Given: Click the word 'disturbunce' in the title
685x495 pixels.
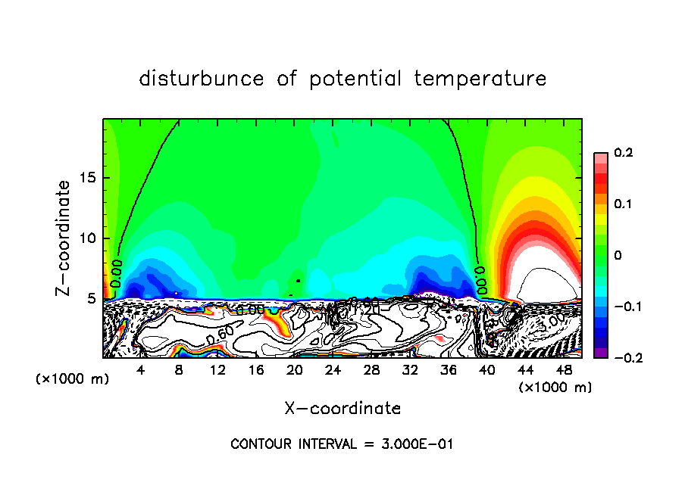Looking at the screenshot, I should coord(202,78).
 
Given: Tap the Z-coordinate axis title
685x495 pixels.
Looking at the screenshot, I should coord(66,238).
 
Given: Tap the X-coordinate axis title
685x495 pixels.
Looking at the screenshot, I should coord(342,408).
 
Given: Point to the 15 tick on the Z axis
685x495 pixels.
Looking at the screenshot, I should coord(89,179).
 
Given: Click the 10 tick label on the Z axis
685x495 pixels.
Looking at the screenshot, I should coord(89,238).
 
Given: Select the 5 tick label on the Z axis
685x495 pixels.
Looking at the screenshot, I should coord(93,298).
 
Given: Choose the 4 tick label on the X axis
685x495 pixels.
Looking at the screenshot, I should coord(141,370).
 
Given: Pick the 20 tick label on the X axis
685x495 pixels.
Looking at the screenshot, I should coord(294,370).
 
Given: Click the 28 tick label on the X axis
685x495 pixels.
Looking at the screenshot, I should coord(371,370).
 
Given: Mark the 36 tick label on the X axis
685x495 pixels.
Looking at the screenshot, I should coord(448,370).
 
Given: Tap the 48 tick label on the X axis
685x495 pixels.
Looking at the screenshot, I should coord(563,370).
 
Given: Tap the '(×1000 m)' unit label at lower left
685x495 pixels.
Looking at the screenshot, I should coord(73,379).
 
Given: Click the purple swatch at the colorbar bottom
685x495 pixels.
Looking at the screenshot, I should coord(600,353).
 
